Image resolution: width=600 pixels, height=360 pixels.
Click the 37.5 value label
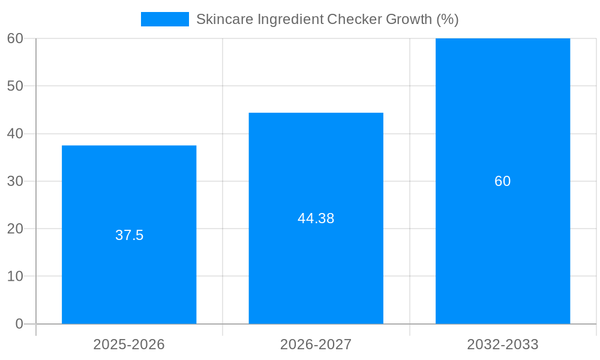[x=130, y=235]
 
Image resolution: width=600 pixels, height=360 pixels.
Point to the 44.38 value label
[x=316, y=218]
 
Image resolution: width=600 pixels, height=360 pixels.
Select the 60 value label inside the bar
[x=503, y=181]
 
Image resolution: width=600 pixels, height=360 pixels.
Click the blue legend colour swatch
[x=165, y=19]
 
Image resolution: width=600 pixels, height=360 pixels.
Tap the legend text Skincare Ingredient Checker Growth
[x=327, y=19]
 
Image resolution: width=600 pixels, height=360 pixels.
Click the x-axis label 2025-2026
[x=129, y=344]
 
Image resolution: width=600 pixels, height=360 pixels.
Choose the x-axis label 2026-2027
[x=316, y=344]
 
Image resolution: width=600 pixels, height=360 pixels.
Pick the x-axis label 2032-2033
[x=503, y=344]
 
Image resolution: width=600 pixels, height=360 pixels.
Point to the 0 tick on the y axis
[x=19, y=324]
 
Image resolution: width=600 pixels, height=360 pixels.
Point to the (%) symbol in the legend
[x=448, y=19]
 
